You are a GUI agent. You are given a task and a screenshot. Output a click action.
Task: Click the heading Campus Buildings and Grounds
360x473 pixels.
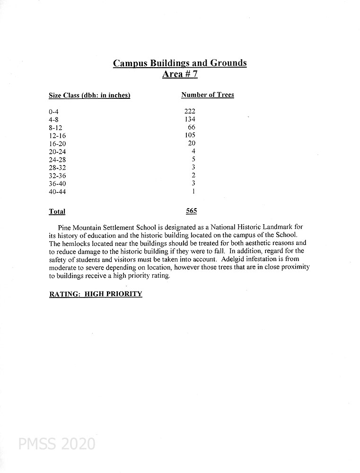pos(180,63)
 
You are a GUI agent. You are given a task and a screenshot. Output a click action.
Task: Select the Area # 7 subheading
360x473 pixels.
pos(180,74)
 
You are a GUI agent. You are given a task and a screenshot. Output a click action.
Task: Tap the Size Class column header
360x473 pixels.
pos(89,96)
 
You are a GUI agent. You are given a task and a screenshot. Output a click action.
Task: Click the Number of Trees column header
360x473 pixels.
pos(207,95)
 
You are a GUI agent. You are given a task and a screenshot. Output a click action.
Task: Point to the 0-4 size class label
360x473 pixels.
pos(53,112)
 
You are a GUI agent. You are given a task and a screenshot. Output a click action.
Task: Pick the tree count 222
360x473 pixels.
pos(190,111)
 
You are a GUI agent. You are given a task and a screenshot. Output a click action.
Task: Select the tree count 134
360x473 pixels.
pos(190,119)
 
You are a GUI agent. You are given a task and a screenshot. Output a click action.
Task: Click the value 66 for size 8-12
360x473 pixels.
pos(191,127)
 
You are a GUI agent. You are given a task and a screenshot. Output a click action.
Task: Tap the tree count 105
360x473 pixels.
pos(190,135)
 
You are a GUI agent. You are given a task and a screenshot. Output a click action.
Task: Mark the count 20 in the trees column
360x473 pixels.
pos(191,143)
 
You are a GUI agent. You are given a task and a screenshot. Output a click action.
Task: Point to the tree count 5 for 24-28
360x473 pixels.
pos(193,159)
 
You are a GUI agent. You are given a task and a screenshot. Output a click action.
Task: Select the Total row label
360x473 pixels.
pos(57,211)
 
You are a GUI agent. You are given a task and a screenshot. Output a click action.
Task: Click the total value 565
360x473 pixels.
pos(191,211)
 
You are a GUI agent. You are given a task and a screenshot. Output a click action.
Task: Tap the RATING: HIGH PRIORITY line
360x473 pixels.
pos(96,294)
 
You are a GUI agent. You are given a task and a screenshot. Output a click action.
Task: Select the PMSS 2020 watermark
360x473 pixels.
pos(57,444)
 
